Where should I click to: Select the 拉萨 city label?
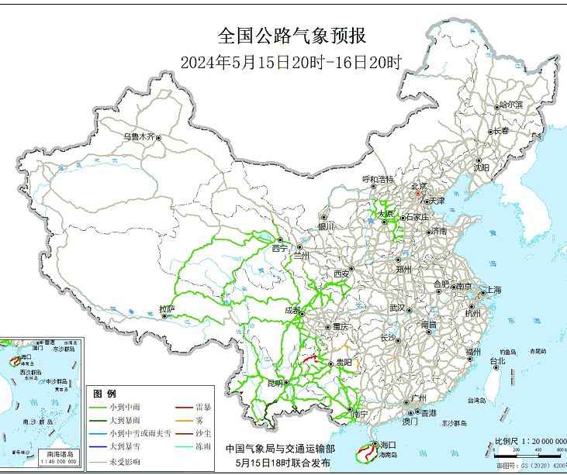(167, 309)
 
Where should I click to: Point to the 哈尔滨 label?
(510, 104)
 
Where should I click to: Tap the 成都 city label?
(293, 309)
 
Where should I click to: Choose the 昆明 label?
(275, 383)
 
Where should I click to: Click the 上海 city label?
(493, 290)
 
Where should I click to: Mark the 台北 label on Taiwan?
(497, 360)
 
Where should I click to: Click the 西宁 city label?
(279, 248)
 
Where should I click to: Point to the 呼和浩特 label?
(377, 179)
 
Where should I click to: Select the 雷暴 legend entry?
(204, 408)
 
